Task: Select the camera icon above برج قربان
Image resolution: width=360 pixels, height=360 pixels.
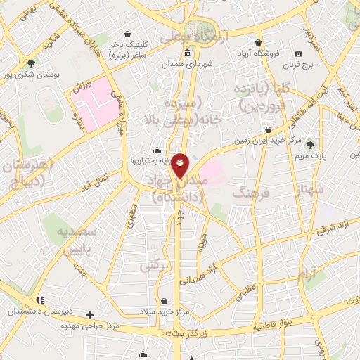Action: pyautogui.click(x=298, y=54)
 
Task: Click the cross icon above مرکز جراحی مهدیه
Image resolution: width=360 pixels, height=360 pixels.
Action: pyautogui.click(x=89, y=315)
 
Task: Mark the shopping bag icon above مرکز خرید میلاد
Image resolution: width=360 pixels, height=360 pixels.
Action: pyautogui.click(x=163, y=300)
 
